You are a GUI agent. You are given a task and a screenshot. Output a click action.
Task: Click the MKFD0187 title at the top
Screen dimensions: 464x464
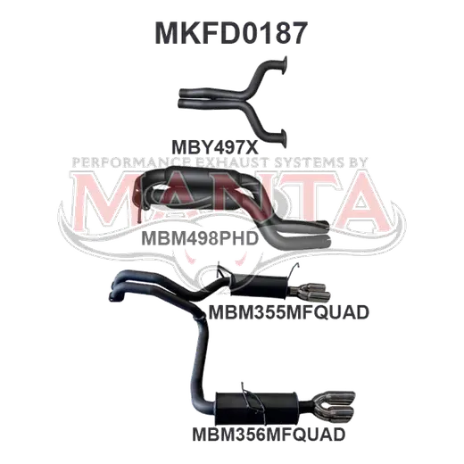coord(231,33)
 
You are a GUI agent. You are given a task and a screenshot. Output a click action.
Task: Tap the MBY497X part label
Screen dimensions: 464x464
coord(215,147)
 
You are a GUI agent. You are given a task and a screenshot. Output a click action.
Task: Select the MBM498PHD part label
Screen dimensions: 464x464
coord(200,238)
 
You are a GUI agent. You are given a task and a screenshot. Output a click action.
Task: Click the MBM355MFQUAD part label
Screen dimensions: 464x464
coord(289,312)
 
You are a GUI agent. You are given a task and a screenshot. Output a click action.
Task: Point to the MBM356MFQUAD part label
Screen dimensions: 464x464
coord(269,434)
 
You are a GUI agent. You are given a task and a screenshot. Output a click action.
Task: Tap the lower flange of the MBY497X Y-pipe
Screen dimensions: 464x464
coord(283,139)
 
